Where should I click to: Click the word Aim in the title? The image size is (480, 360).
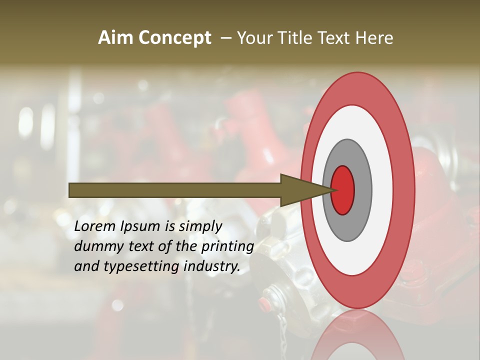(116, 38)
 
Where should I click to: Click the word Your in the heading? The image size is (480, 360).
(255, 38)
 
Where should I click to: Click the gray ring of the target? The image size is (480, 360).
(362, 190)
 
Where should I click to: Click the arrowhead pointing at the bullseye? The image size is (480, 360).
(300, 190)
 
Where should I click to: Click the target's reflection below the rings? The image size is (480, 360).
(358, 335)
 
